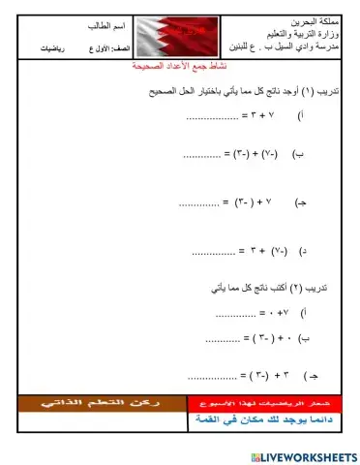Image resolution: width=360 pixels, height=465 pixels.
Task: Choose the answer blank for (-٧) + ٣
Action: pyautogui.click(x=212, y=254)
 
